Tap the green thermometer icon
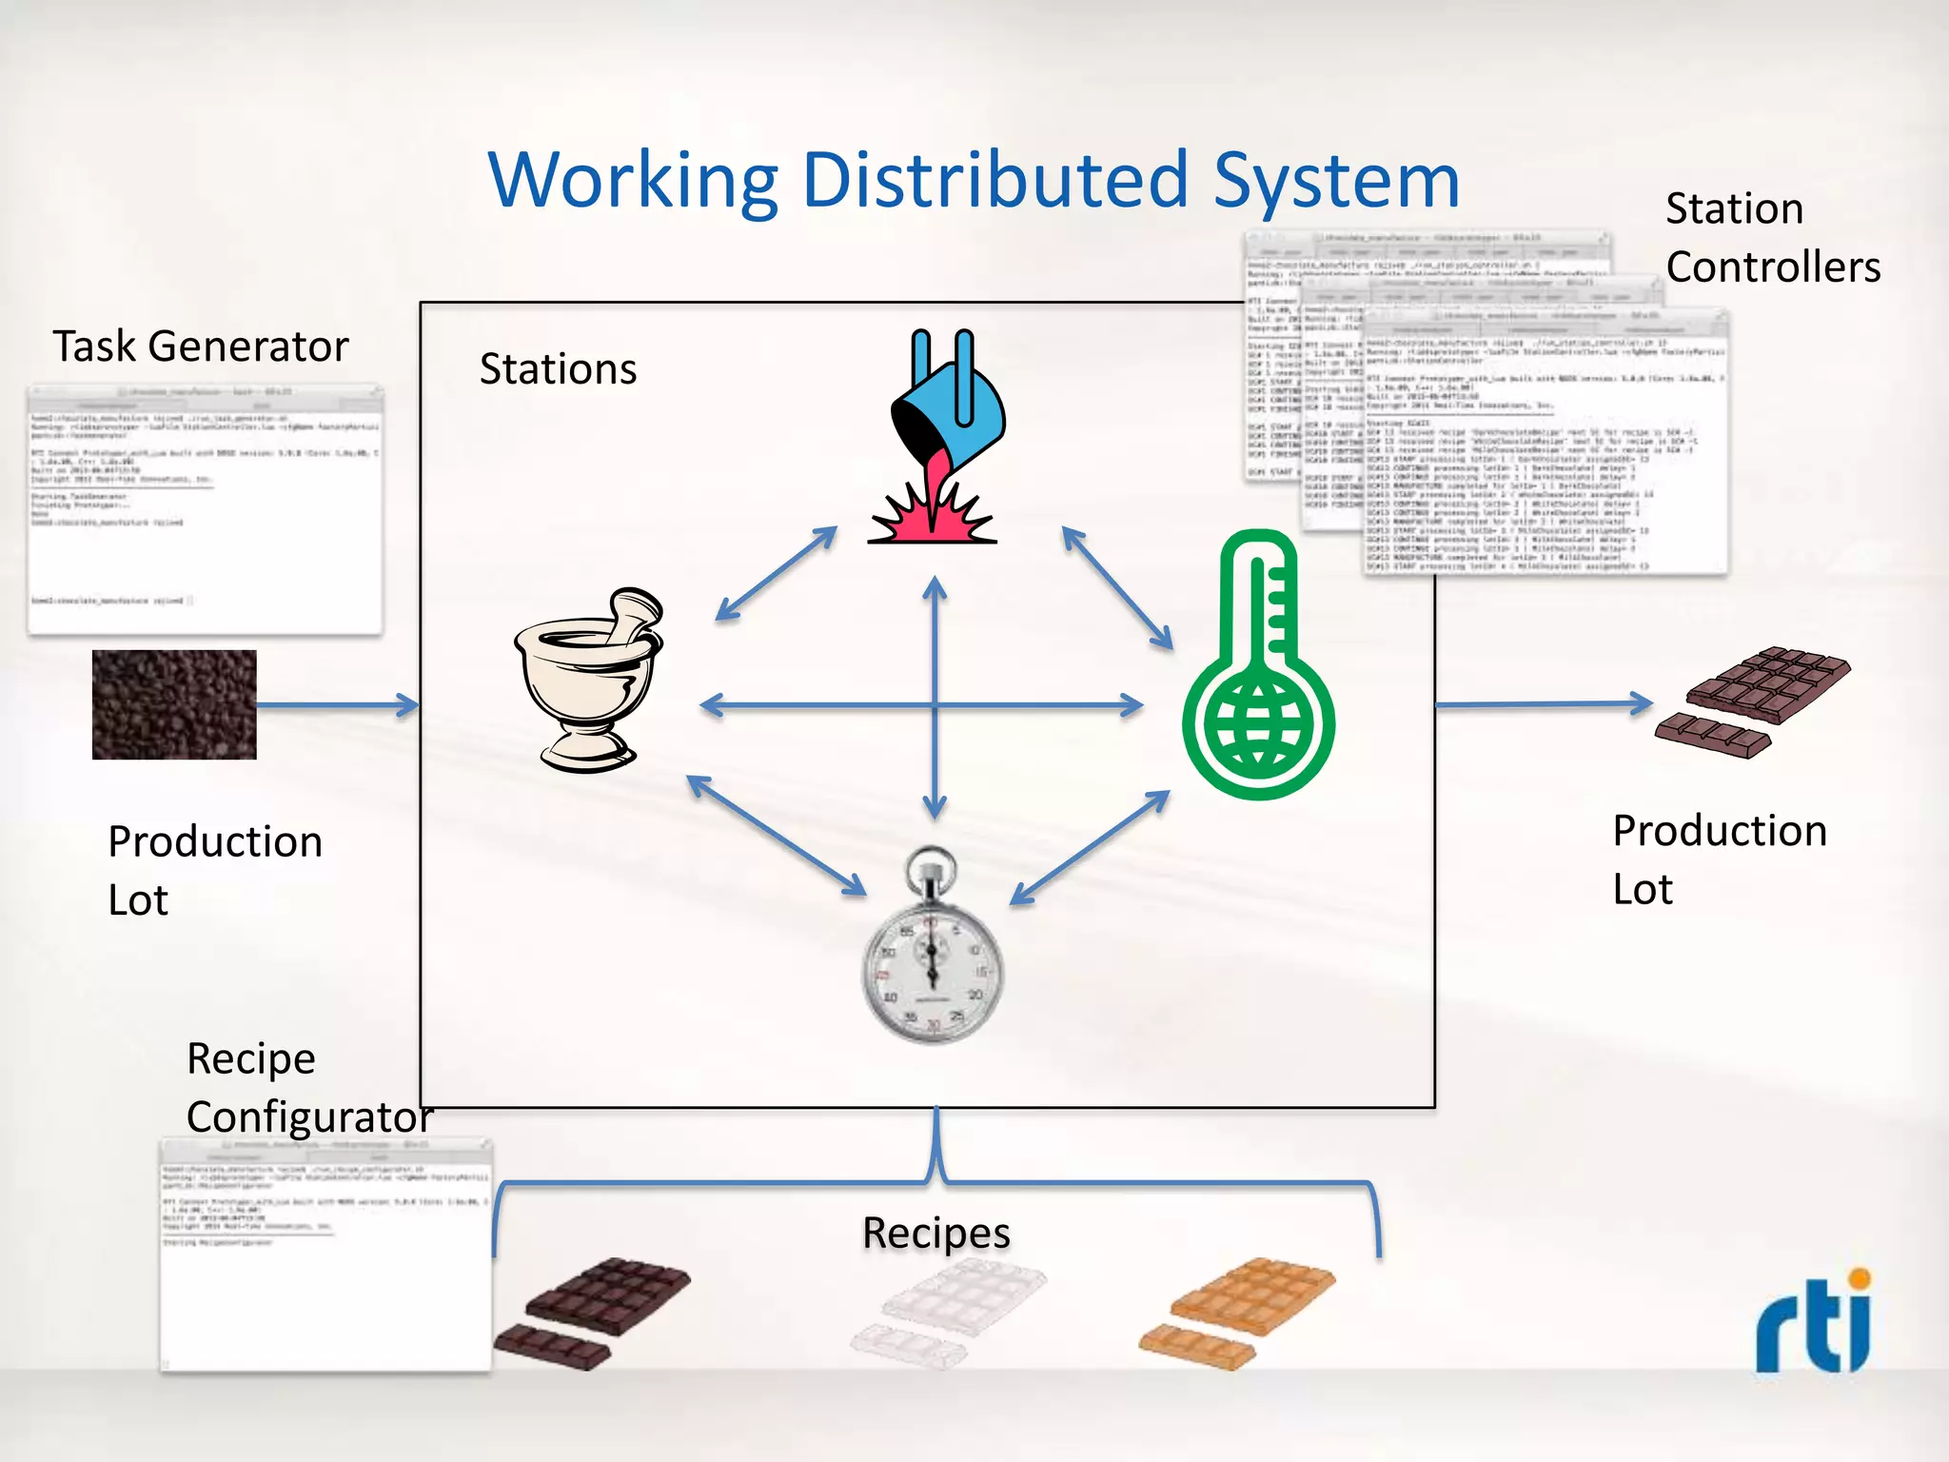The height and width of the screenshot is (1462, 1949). point(1258,666)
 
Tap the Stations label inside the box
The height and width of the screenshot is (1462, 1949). point(558,369)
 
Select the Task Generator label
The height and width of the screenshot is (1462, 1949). point(200,346)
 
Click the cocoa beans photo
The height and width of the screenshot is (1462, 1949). point(174,704)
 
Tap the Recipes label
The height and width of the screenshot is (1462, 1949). point(935,1233)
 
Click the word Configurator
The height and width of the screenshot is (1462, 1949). point(309,1117)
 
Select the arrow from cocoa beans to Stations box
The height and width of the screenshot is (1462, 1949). point(338,705)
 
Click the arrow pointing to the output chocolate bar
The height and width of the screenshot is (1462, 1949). point(1542,704)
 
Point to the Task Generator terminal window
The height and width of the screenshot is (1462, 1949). point(205,509)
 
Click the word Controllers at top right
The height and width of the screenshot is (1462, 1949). point(1773,267)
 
